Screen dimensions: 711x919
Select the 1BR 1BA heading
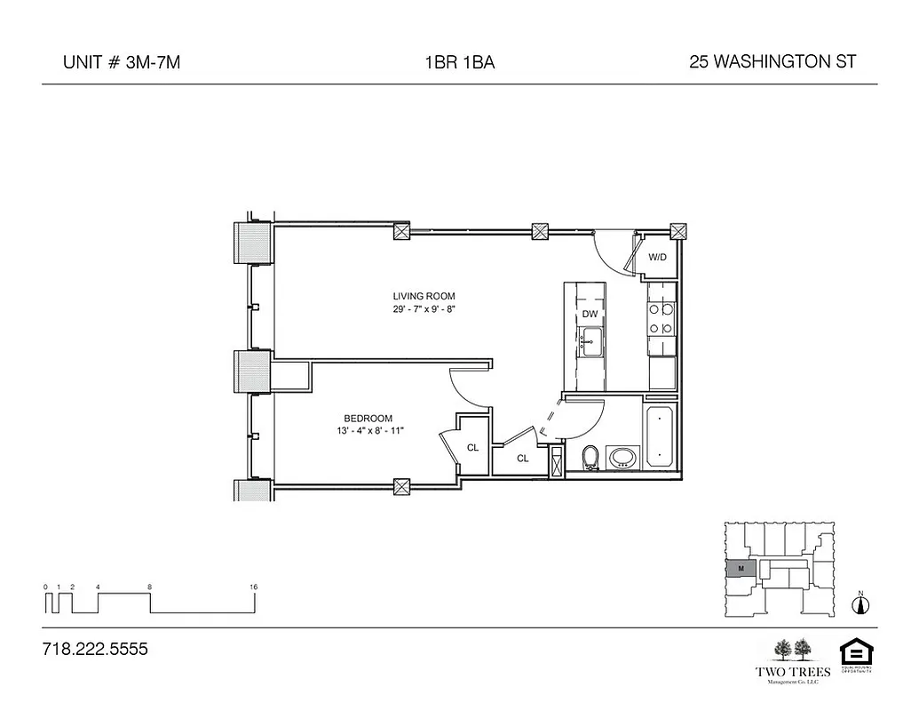click(x=459, y=62)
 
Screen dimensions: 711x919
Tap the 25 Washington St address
click(x=772, y=62)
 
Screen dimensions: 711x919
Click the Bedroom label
click(x=368, y=419)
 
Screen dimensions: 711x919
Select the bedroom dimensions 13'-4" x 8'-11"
click(x=368, y=431)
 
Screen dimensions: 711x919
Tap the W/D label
click(x=658, y=257)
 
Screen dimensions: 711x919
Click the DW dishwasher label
click(x=590, y=314)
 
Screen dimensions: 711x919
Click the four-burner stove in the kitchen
click(x=662, y=319)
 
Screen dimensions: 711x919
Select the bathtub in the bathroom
click(x=661, y=437)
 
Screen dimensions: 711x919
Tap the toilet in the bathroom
click(x=590, y=458)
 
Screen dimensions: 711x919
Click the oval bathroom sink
click(x=622, y=458)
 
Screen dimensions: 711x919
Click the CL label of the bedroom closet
click(x=472, y=447)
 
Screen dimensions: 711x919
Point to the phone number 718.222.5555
click(x=94, y=649)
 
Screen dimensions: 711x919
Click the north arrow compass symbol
click(x=859, y=604)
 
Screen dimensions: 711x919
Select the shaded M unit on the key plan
click(x=740, y=567)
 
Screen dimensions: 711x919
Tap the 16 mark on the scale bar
click(x=254, y=587)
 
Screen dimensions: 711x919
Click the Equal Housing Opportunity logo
click(x=853, y=654)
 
